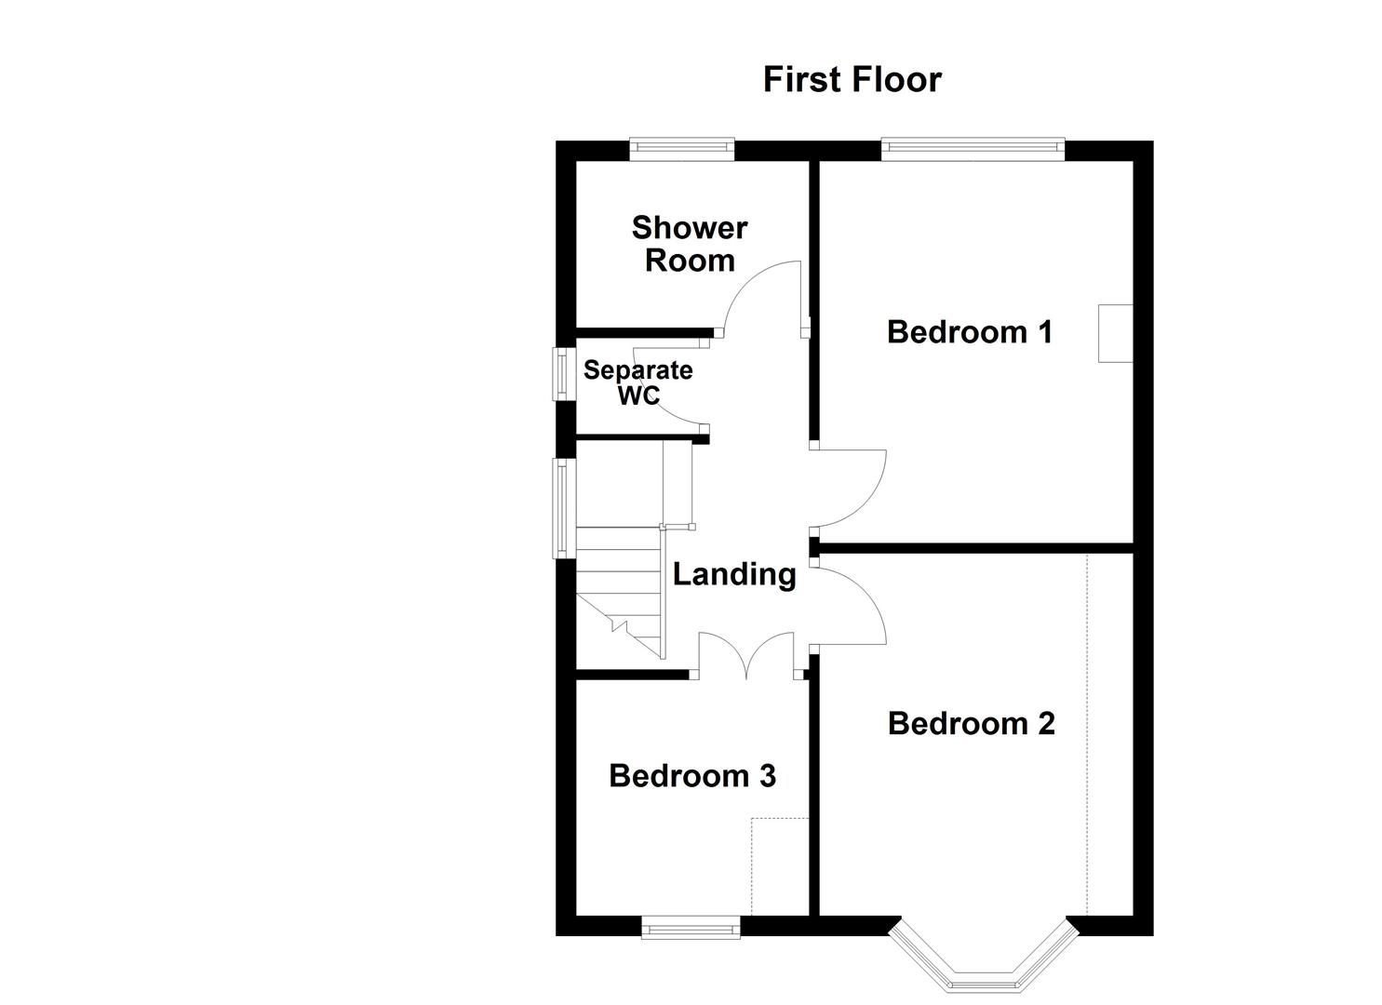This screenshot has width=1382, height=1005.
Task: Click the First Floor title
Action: click(x=852, y=80)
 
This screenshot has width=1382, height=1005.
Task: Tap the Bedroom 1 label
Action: click(x=969, y=332)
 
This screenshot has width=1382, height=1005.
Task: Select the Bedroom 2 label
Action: click(x=971, y=724)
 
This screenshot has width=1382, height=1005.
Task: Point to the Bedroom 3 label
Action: click(x=691, y=776)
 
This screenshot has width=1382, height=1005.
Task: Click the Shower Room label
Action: click(x=689, y=244)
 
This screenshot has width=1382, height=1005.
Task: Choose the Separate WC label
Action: click(x=637, y=382)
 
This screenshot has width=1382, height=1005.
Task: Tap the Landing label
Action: click(x=734, y=574)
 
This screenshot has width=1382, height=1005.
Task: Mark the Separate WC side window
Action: click(x=562, y=374)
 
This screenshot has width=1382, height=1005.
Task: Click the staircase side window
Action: click(x=562, y=508)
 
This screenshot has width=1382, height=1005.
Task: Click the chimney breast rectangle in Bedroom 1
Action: click(x=1115, y=333)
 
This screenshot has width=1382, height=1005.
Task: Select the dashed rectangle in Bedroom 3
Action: click(x=780, y=865)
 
